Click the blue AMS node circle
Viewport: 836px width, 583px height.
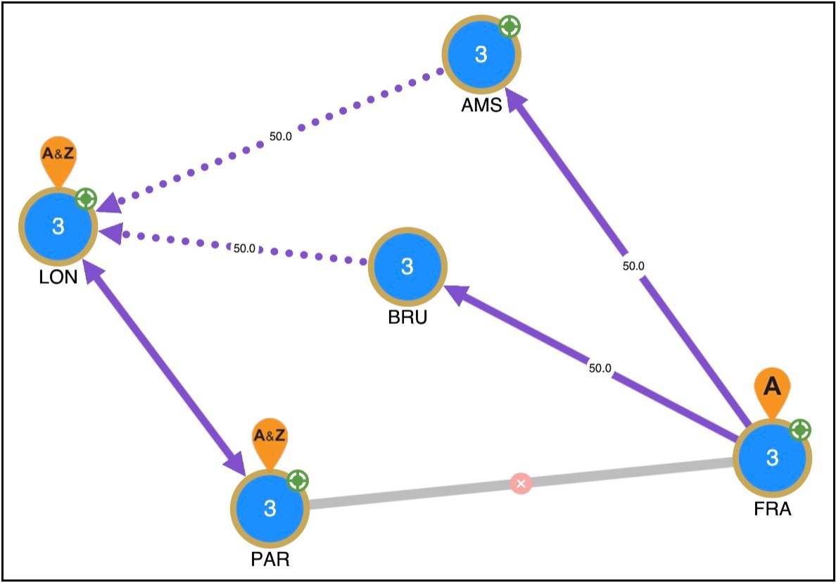481,55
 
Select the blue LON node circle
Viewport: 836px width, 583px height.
58,226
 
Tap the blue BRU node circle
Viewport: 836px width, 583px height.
406,266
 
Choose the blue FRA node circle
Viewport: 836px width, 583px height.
772,458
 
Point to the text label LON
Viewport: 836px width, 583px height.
58,277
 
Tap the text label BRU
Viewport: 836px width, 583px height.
407,317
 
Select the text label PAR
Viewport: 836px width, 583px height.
270,560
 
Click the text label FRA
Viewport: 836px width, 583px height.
771,509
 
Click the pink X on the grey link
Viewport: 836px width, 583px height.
521,484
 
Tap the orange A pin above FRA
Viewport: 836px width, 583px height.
772,389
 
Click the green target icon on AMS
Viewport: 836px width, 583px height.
509,27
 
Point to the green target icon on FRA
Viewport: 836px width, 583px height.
800,429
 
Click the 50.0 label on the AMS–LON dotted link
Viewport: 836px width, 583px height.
281,137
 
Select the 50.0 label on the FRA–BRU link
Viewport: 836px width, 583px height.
599,368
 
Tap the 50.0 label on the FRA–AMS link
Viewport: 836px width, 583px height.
633,266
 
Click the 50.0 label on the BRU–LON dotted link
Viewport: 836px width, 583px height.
244,248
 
